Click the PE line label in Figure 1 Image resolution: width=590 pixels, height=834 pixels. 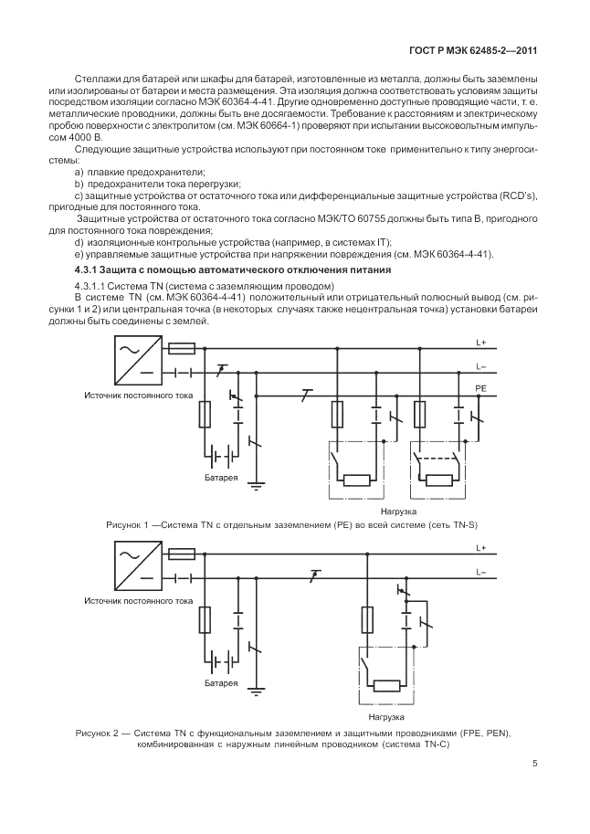tap(480, 388)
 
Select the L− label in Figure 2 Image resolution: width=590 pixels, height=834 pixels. tap(480, 572)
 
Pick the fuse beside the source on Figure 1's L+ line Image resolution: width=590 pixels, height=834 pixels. tap(182, 347)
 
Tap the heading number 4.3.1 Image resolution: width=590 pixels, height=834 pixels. tap(89, 270)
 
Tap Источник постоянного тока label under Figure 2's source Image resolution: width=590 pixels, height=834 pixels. tap(138, 602)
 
